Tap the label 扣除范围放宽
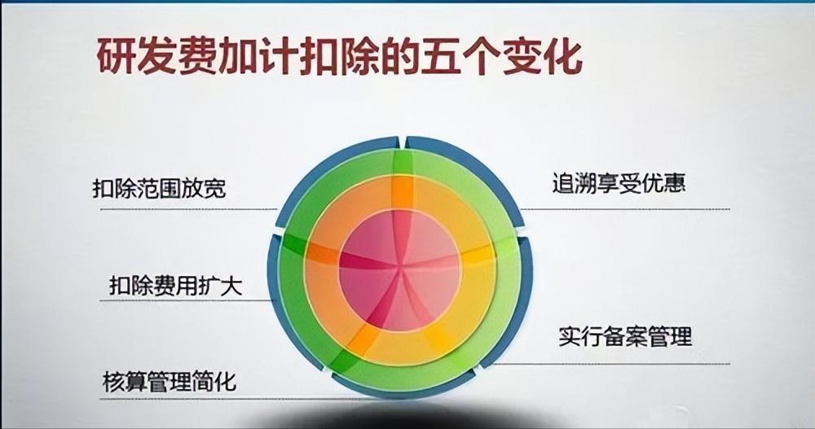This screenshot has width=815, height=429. click(160, 188)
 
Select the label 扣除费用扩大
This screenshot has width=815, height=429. click(176, 286)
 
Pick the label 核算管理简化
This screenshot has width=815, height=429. click(170, 382)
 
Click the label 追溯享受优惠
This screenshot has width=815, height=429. click(619, 183)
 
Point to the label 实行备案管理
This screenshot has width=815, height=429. click(626, 336)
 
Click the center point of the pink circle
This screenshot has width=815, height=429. click(399, 269)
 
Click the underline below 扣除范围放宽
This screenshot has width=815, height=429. click(188, 209)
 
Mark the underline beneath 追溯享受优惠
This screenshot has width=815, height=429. click(625, 209)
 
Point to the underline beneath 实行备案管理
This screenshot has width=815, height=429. click(611, 364)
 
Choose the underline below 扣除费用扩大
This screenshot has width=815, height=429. click(187, 300)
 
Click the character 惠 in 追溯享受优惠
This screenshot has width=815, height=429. click(675, 183)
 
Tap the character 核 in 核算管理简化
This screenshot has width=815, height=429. click(113, 382)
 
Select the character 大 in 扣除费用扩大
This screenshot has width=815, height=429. click(231, 286)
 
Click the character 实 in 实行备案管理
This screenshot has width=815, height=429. click(570, 336)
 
